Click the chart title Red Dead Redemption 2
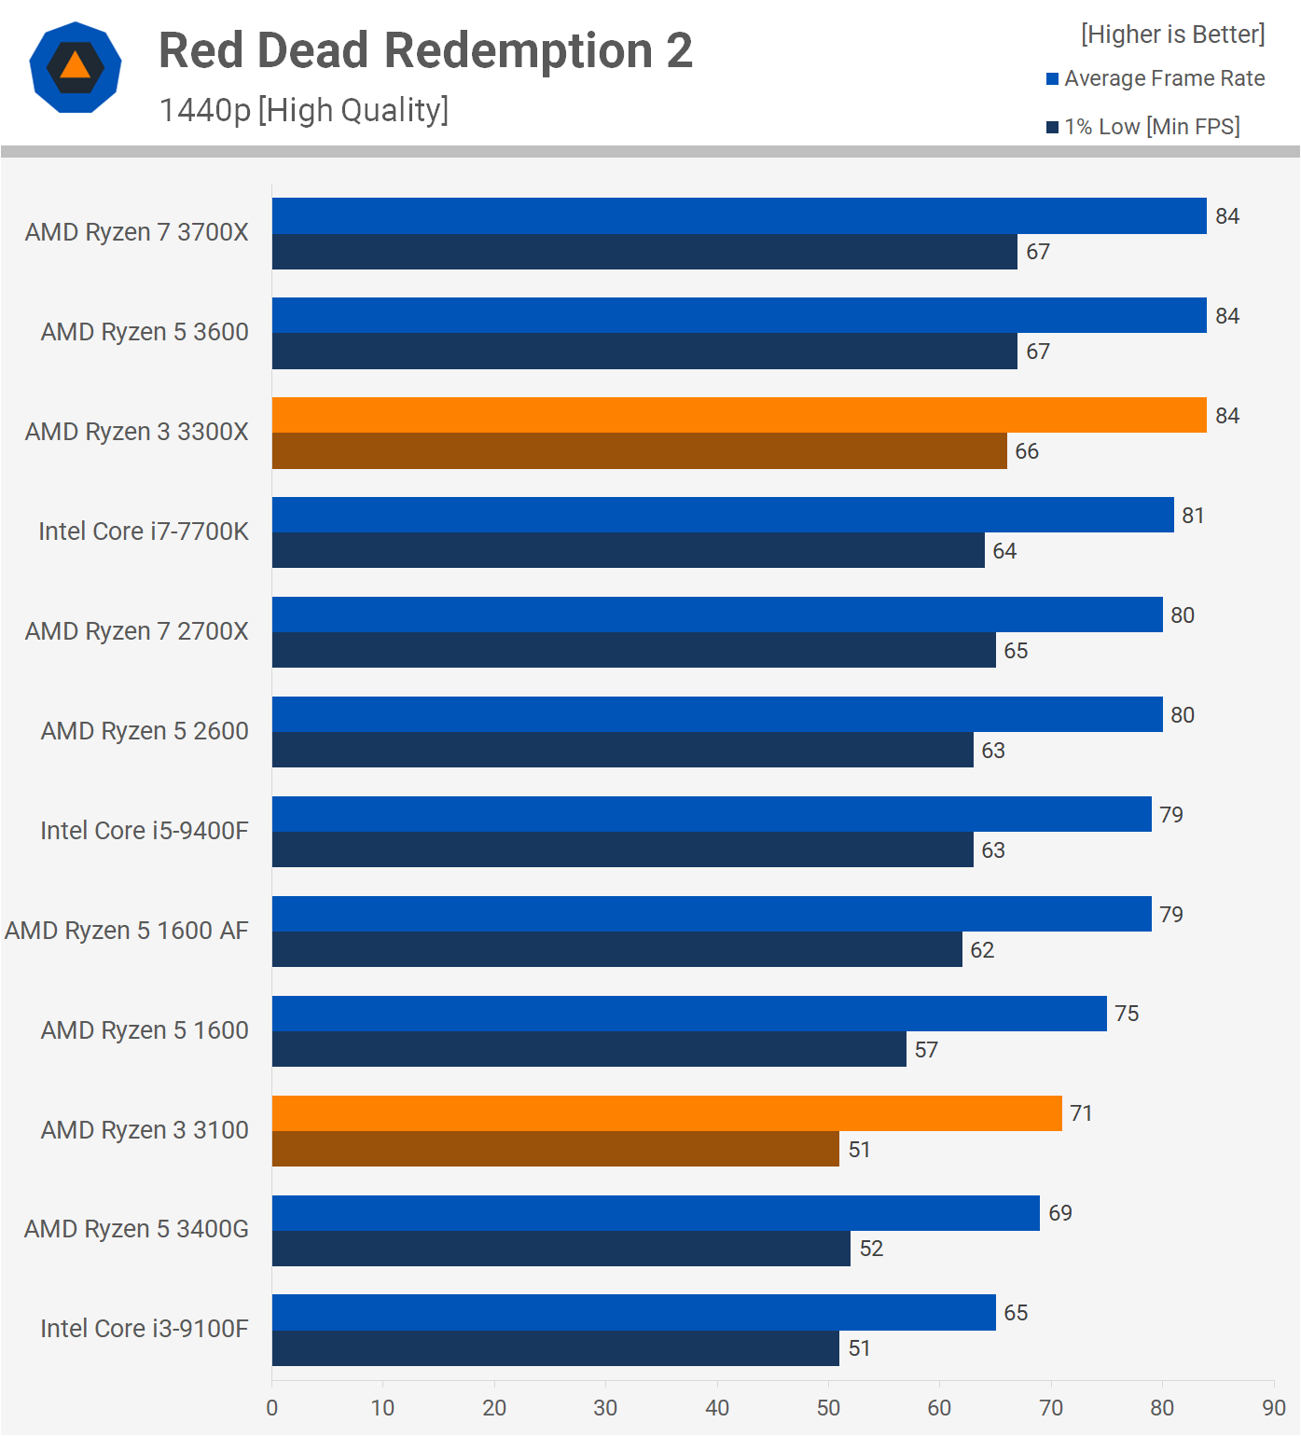tap(425, 50)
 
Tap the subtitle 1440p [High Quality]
tap(304, 110)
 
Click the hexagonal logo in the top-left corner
tap(76, 67)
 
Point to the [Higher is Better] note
tap(1172, 35)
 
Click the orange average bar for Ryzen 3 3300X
tap(739, 415)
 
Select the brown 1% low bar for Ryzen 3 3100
tap(556, 1149)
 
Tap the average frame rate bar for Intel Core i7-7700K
tap(723, 515)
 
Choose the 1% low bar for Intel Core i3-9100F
tap(556, 1348)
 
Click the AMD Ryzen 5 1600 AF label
tap(127, 931)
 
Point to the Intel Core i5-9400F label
tap(145, 831)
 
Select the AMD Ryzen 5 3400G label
tap(136, 1229)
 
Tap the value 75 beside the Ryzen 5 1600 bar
tap(1127, 1014)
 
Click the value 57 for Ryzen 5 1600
tap(926, 1050)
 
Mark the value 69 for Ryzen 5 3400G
tap(1060, 1213)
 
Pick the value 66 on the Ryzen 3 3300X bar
tap(1027, 451)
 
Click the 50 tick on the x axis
tap(828, 1408)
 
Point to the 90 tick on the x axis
tap(1274, 1408)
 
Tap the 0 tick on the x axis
tap(272, 1408)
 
